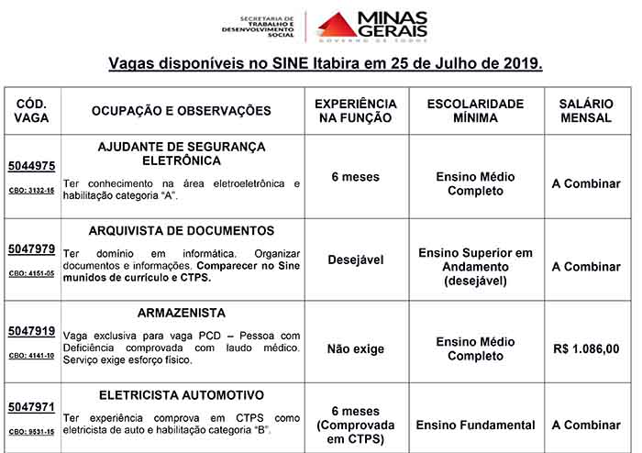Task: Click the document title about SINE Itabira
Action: click(x=326, y=65)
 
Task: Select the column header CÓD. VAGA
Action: click(x=32, y=111)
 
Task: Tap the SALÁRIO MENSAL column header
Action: click(x=586, y=111)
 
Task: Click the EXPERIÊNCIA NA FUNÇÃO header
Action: click(x=356, y=111)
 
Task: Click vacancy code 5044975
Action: click(x=32, y=166)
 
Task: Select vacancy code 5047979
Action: click(x=32, y=249)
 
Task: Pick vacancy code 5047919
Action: click(x=32, y=331)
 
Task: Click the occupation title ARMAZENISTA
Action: click(x=182, y=313)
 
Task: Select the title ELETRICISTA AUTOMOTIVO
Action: click(x=182, y=395)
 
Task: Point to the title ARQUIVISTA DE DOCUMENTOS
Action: click(x=182, y=231)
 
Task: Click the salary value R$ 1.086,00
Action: click(x=586, y=349)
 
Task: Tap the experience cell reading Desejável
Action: click(x=356, y=260)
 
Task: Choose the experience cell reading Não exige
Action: click(x=356, y=349)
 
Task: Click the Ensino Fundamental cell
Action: click(x=475, y=425)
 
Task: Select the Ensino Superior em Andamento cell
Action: click(x=475, y=267)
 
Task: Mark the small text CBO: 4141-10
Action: click(x=32, y=356)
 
